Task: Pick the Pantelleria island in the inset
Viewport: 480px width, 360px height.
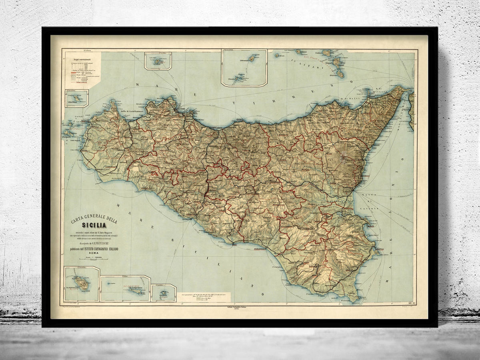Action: point(83,284)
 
